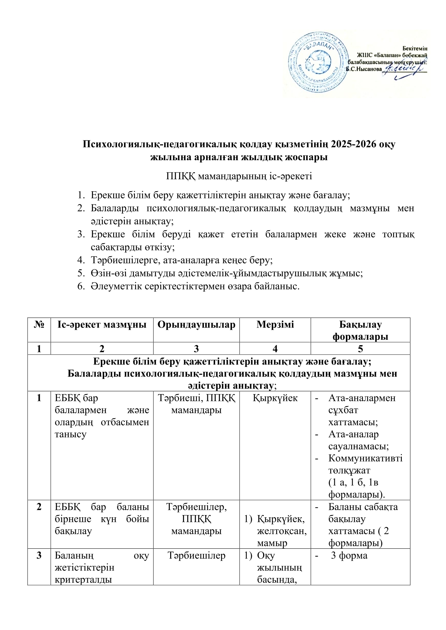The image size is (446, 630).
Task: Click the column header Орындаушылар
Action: pyautogui.click(x=196, y=325)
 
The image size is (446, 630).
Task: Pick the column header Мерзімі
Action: pyautogui.click(x=275, y=325)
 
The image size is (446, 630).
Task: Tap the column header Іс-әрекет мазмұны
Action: pyautogui.click(x=102, y=325)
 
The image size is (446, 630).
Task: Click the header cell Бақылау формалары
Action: pyautogui.click(x=360, y=330)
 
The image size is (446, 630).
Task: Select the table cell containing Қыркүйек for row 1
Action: pyautogui.click(x=275, y=398)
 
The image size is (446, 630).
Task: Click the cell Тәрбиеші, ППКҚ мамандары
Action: pyautogui.click(x=196, y=404)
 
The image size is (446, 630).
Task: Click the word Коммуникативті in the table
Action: pyautogui.click(x=365, y=458)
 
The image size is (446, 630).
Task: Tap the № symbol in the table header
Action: pyautogui.click(x=39, y=325)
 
